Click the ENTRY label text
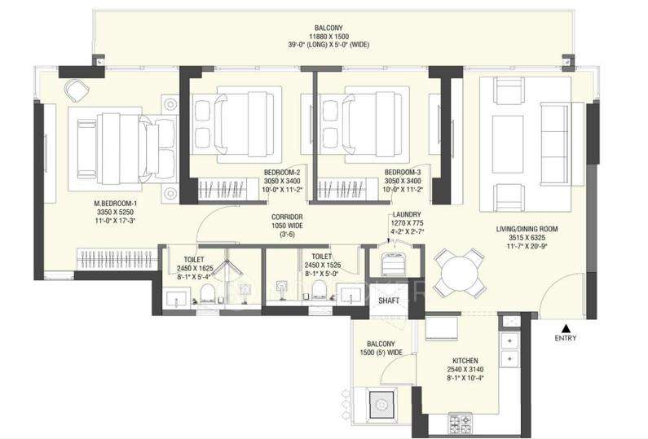pos(565,338)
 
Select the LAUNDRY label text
pos(407,213)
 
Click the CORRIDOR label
pos(288,217)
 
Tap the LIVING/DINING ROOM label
pos(524,230)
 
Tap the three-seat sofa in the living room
pos(556,134)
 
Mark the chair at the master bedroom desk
pos(75,87)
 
